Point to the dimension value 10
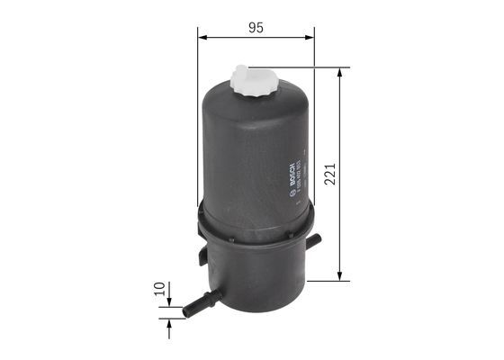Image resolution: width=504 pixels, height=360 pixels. point(160,290)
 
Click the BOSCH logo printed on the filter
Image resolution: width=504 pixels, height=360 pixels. point(292,172)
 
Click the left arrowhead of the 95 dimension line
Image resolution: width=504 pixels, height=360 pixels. point(202,38)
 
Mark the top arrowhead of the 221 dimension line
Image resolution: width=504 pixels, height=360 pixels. point(340,71)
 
